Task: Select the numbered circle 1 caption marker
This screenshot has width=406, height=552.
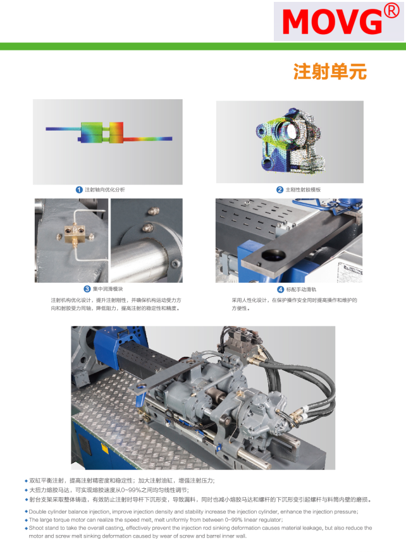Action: coord(79,189)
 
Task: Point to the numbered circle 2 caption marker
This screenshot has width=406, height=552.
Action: coord(280,189)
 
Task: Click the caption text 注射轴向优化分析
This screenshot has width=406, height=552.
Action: coord(104,189)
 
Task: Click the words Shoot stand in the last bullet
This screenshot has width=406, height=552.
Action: coord(43,527)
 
